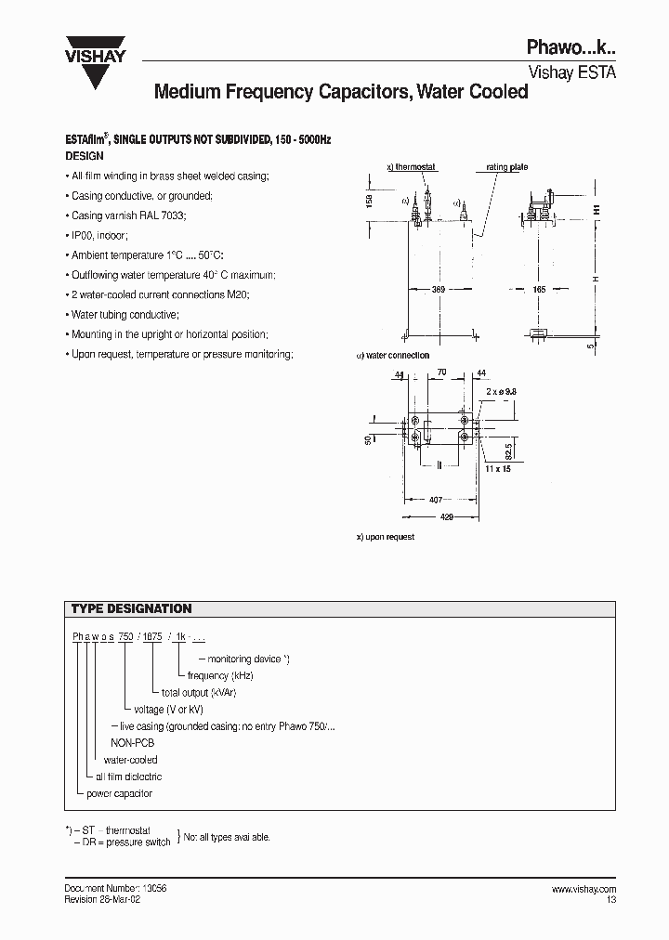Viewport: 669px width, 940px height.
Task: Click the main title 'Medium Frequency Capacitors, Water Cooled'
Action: [340, 92]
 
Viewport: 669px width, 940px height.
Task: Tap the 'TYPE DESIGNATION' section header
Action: [132, 609]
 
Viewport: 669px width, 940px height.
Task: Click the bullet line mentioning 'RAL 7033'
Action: [128, 215]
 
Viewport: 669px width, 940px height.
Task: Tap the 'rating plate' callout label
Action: [506, 167]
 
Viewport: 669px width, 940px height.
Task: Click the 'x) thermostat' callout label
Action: [410, 167]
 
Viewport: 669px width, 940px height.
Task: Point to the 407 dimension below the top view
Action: [435, 500]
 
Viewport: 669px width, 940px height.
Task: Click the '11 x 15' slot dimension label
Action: [498, 469]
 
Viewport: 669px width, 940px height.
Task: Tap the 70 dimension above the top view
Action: [442, 372]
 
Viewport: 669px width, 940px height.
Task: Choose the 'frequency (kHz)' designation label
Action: [220, 676]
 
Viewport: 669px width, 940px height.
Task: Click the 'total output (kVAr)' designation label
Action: [197, 693]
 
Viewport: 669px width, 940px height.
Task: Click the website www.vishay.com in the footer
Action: [584, 889]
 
